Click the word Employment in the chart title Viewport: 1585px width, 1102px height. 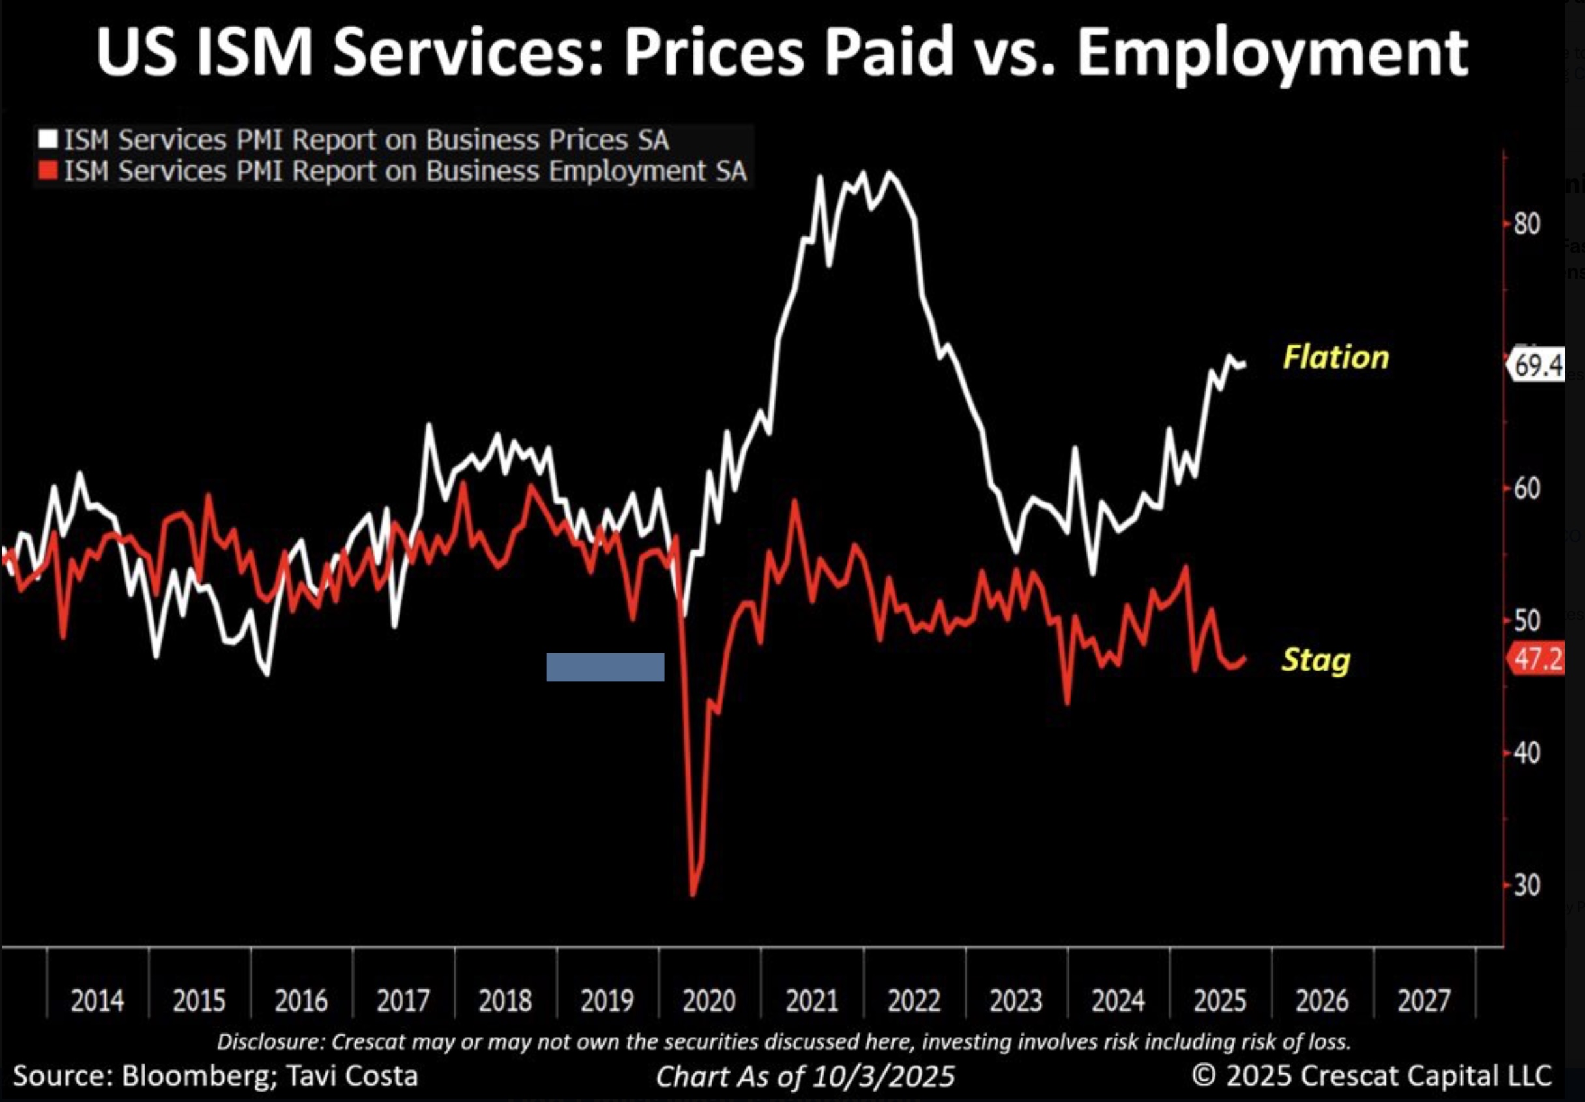click(1272, 54)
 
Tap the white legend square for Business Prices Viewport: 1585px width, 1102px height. click(48, 139)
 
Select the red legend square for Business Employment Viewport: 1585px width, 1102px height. click(48, 171)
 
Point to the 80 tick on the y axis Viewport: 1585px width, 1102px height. click(1526, 224)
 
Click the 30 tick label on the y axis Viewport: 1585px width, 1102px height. click(1526, 884)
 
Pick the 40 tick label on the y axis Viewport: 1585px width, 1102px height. click(1526, 753)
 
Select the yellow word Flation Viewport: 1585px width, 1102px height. click(1336, 358)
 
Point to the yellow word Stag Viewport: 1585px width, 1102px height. click(1316, 660)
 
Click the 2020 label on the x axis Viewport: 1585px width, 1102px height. click(709, 1000)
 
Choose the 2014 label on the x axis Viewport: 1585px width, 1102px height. click(97, 1000)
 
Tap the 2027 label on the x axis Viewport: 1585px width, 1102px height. click(1424, 1000)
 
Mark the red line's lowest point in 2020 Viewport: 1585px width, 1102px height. click(693, 895)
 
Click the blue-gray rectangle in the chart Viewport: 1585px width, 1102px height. click(605, 668)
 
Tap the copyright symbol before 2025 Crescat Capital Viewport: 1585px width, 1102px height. click(1204, 1075)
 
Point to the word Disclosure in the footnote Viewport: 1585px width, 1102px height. click(270, 1041)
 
